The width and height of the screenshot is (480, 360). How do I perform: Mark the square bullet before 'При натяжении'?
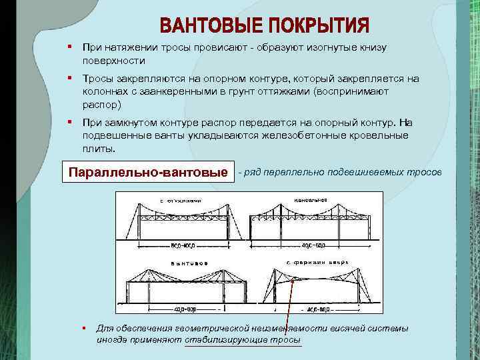point(69,47)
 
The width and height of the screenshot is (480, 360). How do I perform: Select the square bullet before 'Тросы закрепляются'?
point(69,78)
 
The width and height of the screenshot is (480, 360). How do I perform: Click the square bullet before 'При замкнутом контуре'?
point(69,123)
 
